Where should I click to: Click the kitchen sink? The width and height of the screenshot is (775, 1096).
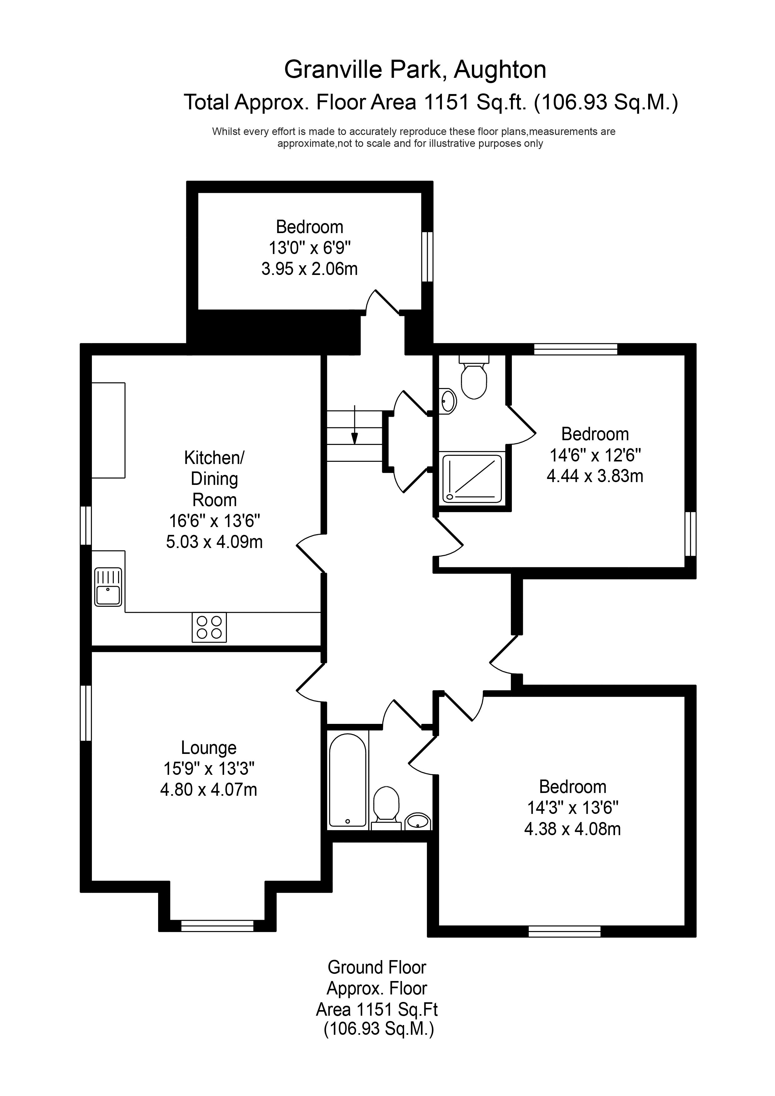click(x=108, y=587)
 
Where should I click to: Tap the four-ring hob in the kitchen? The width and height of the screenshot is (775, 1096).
click(x=209, y=627)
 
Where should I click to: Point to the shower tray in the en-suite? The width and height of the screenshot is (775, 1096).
click(x=472, y=478)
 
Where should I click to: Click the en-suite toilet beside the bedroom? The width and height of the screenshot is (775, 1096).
click(x=474, y=376)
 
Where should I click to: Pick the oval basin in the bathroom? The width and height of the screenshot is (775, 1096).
click(x=418, y=821)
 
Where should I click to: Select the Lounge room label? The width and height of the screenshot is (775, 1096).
click(x=209, y=748)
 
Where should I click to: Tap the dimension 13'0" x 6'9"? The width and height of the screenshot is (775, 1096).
click(x=309, y=248)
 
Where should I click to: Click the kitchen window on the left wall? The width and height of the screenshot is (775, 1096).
click(x=86, y=525)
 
